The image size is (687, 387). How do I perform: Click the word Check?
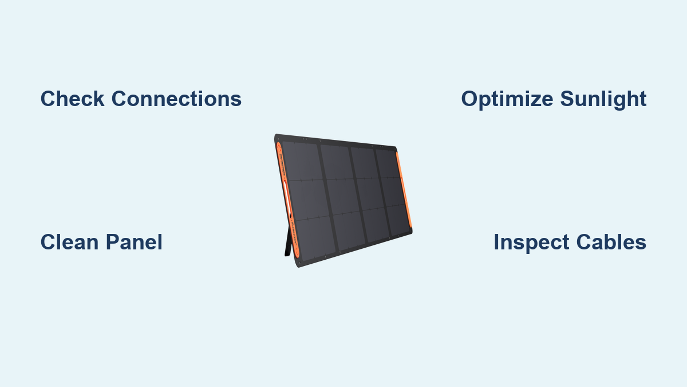point(72,99)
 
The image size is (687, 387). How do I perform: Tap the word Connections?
point(177,99)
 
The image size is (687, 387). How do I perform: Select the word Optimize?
point(507,99)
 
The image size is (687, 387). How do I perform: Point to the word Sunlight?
point(603,99)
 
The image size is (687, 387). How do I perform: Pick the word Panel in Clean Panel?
point(134,242)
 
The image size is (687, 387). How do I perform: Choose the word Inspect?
point(531,243)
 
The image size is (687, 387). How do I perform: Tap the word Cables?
point(611,242)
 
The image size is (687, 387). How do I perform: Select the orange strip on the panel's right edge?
point(404,190)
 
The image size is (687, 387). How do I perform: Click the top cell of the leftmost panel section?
point(302,161)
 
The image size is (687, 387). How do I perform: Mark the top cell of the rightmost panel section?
point(388,164)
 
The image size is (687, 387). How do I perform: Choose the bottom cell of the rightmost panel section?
point(398,220)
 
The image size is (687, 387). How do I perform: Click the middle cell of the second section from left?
point(343,197)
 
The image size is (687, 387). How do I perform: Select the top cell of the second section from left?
point(337,162)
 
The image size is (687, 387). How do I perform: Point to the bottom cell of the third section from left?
point(376,225)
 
